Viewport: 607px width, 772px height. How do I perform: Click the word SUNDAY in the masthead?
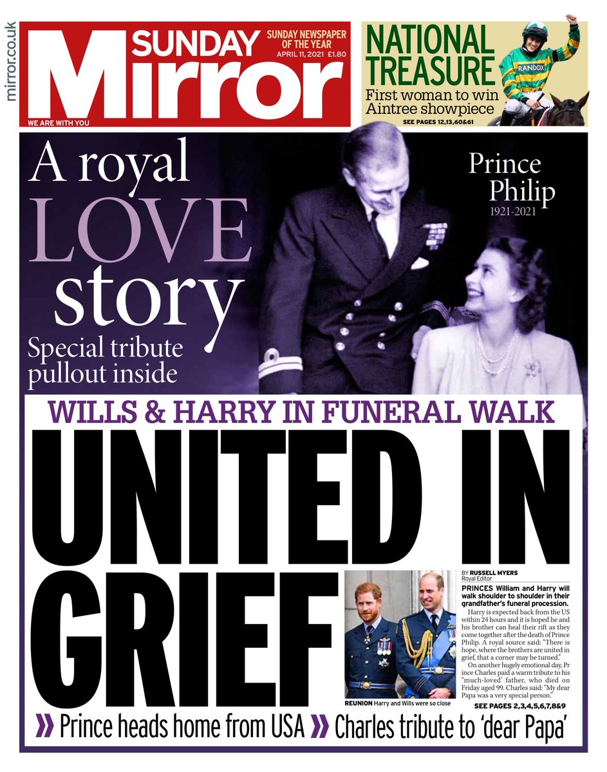(195, 43)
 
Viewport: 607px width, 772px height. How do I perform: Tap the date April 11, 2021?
(297, 54)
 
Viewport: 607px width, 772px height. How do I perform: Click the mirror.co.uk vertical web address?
(10, 62)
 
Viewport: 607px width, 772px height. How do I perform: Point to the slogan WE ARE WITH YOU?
(59, 122)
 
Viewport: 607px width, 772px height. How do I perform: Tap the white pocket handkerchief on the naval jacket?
(419, 263)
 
